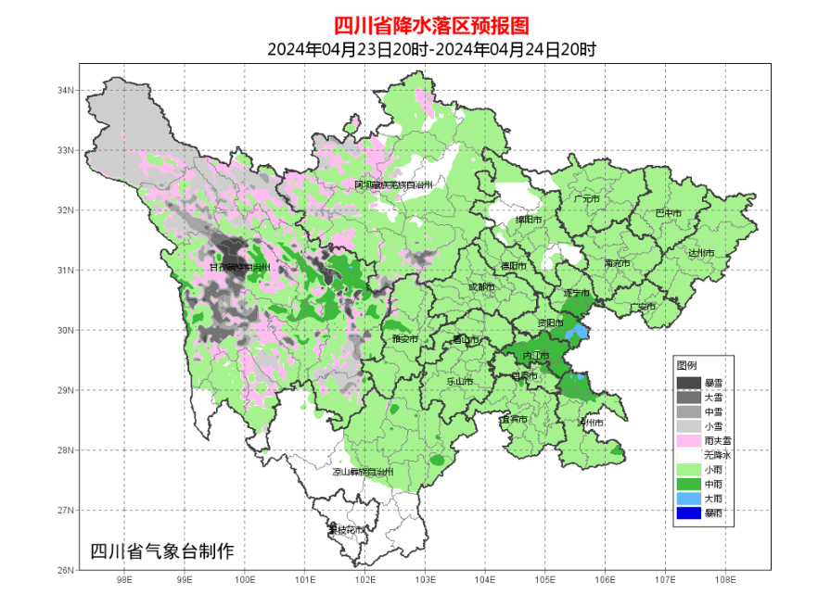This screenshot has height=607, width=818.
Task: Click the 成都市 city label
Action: pyautogui.click(x=482, y=287)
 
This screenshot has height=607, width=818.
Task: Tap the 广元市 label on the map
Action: pyautogui.click(x=586, y=199)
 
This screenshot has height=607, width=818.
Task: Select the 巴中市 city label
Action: pyautogui.click(x=668, y=213)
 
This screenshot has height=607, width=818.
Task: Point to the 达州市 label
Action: pyautogui.click(x=700, y=253)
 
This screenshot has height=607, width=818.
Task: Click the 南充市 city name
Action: pyautogui.click(x=617, y=264)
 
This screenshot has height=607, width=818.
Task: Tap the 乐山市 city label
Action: pyautogui.click(x=460, y=381)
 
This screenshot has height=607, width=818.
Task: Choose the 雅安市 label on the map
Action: pyautogui.click(x=405, y=340)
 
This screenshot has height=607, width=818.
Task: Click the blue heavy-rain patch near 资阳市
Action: pyautogui.click(x=577, y=331)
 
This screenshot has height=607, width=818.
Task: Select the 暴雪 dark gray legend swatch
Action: pyautogui.click(x=688, y=383)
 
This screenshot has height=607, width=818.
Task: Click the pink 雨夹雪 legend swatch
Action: pyautogui.click(x=688, y=441)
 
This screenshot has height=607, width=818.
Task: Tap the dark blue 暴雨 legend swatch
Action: pyautogui.click(x=688, y=513)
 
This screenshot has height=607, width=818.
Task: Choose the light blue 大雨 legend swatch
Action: pyautogui.click(x=688, y=499)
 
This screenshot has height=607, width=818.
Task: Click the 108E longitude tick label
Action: pyautogui.click(x=725, y=580)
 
